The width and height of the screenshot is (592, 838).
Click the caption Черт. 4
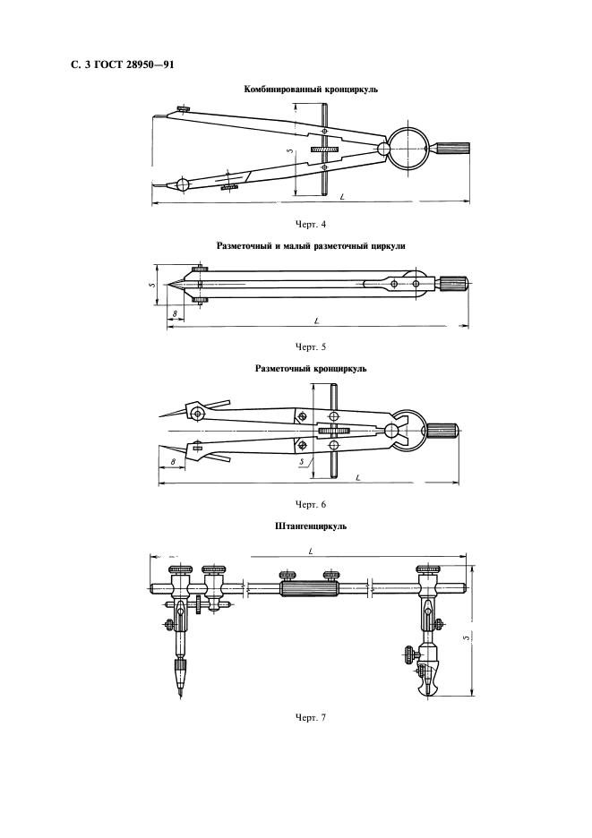click(x=310, y=225)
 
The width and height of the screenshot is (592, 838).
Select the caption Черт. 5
click(x=310, y=346)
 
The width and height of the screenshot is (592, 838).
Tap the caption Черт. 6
click(x=310, y=505)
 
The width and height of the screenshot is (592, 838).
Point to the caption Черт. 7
click(x=310, y=717)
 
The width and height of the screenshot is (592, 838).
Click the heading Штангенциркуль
click(x=311, y=526)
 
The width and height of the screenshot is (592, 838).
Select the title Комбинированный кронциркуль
click(x=311, y=90)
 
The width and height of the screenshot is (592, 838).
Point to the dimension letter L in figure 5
click(x=316, y=321)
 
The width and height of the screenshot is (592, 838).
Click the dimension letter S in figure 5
click(x=151, y=285)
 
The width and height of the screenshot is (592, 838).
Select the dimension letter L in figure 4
click(x=341, y=198)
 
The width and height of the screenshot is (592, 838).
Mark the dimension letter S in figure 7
click(x=466, y=637)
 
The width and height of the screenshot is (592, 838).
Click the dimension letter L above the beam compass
click(x=311, y=551)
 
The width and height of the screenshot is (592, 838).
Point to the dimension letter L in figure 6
click(x=357, y=477)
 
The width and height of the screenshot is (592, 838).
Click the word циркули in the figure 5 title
click(x=386, y=246)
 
